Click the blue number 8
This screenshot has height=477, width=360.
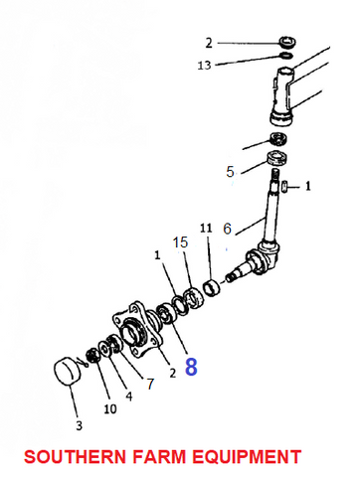pyautogui.click(x=191, y=367)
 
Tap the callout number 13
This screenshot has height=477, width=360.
pyautogui.click(x=204, y=66)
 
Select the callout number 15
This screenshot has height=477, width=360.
pyautogui.click(x=181, y=242)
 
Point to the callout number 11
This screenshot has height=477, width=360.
pyautogui.click(x=206, y=228)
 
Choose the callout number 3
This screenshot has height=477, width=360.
pyautogui.click(x=79, y=425)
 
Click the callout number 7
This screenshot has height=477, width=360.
pyautogui.click(x=151, y=384)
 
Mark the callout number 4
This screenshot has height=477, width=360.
pyautogui.click(x=129, y=397)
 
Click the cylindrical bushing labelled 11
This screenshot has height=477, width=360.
pyautogui.click(x=212, y=287)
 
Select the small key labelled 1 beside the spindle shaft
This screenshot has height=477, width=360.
pyautogui.click(x=284, y=187)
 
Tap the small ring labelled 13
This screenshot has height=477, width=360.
pyautogui.click(x=285, y=56)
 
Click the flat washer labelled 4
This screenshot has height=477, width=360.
pyautogui.click(x=104, y=348)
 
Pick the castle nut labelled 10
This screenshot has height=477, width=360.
pyautogui.click(x=91, y=356)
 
